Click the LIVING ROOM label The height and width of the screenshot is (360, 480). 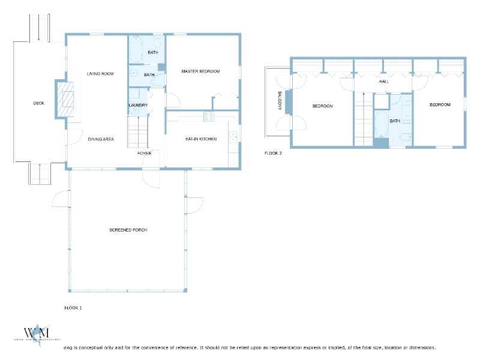100,74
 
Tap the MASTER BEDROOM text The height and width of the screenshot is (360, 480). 200,71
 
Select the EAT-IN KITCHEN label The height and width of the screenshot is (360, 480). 200,139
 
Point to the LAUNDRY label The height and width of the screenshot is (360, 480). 138,106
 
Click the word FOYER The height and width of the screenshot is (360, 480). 144,154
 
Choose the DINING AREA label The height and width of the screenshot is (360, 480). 101,139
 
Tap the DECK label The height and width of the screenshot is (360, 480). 38,103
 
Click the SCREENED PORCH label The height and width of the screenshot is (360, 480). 128,230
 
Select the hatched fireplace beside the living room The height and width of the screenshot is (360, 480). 64,99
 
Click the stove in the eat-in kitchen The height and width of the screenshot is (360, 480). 209,116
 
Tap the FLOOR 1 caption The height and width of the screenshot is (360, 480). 73,307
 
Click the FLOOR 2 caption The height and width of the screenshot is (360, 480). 273,153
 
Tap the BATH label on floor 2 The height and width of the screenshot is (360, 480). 394,121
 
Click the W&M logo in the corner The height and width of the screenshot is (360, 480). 36,334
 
